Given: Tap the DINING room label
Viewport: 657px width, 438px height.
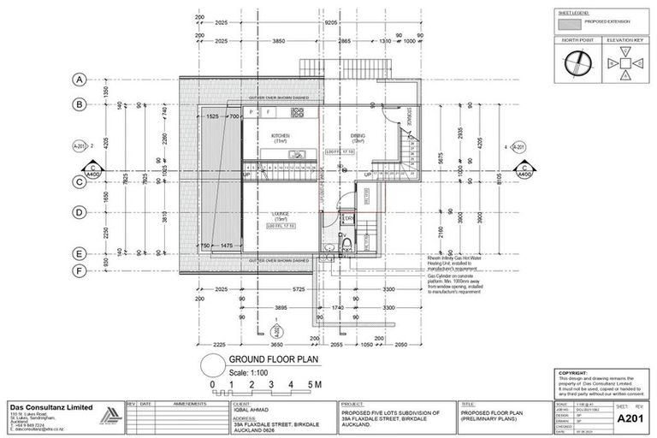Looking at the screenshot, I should (x=357, y=135).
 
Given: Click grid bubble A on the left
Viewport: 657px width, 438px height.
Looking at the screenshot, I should (x=78, y=79).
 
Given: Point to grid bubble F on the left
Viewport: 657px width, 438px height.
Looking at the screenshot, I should (x=78, y=271).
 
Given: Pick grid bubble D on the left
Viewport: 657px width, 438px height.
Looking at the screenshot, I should (x=78, y=212).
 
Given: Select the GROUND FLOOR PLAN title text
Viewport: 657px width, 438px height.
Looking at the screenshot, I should (x=269, y=361).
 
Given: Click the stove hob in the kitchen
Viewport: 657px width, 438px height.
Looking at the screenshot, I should (x=253, y=112).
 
